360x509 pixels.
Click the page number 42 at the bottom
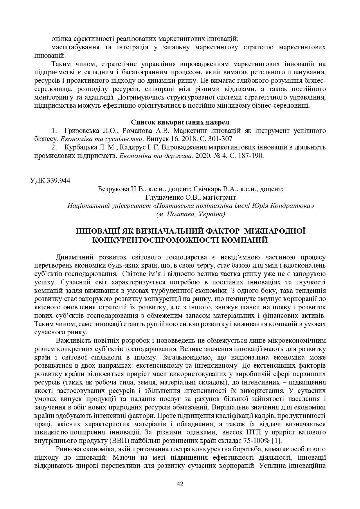(x=180, y=484)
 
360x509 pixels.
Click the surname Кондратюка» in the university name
(x=296, y=206)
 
